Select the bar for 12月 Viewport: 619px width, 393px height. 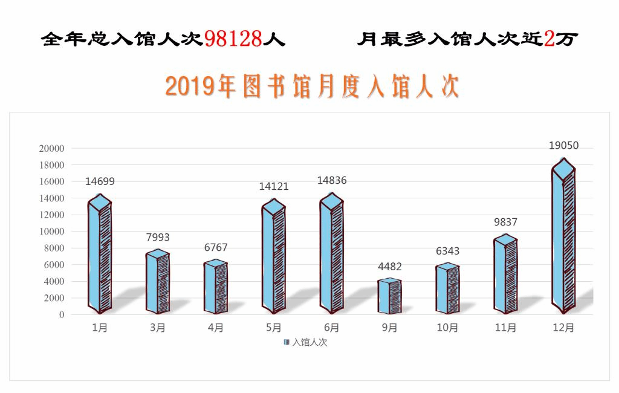[563, 239]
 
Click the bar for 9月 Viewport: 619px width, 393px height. [390, 296]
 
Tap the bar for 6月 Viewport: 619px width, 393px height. [332, 254]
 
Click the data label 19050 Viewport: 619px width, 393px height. [563, 146]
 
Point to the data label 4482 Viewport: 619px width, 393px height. [390, 267]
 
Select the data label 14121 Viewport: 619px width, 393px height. [274, 187]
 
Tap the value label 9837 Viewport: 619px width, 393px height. [506, 222]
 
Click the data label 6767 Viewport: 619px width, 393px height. [216, 248]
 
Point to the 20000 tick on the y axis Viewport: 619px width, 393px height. [51, 149]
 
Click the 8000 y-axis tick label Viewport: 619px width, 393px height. [54, 248]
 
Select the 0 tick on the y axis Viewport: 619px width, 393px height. [61, 315]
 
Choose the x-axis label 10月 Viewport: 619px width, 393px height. [447, 328]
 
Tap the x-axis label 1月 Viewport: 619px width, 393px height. [100, 328]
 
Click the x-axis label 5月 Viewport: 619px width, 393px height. [274, 328]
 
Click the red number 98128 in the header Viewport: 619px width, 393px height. [233, 39]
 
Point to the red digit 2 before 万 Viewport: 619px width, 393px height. [549, 39]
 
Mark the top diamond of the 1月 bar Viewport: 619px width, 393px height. [100, 203]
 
